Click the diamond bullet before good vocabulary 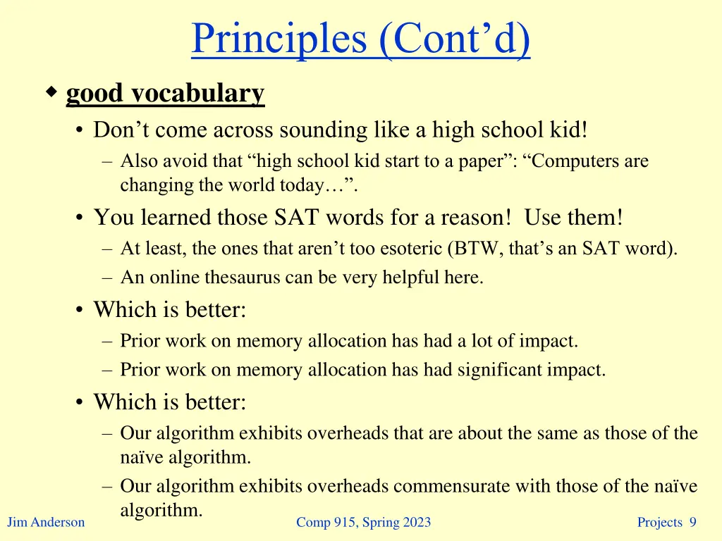tap(51, 92)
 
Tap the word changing tap(150, 185)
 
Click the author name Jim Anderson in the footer tap(45, 522)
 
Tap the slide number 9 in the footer tap(692, 522)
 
